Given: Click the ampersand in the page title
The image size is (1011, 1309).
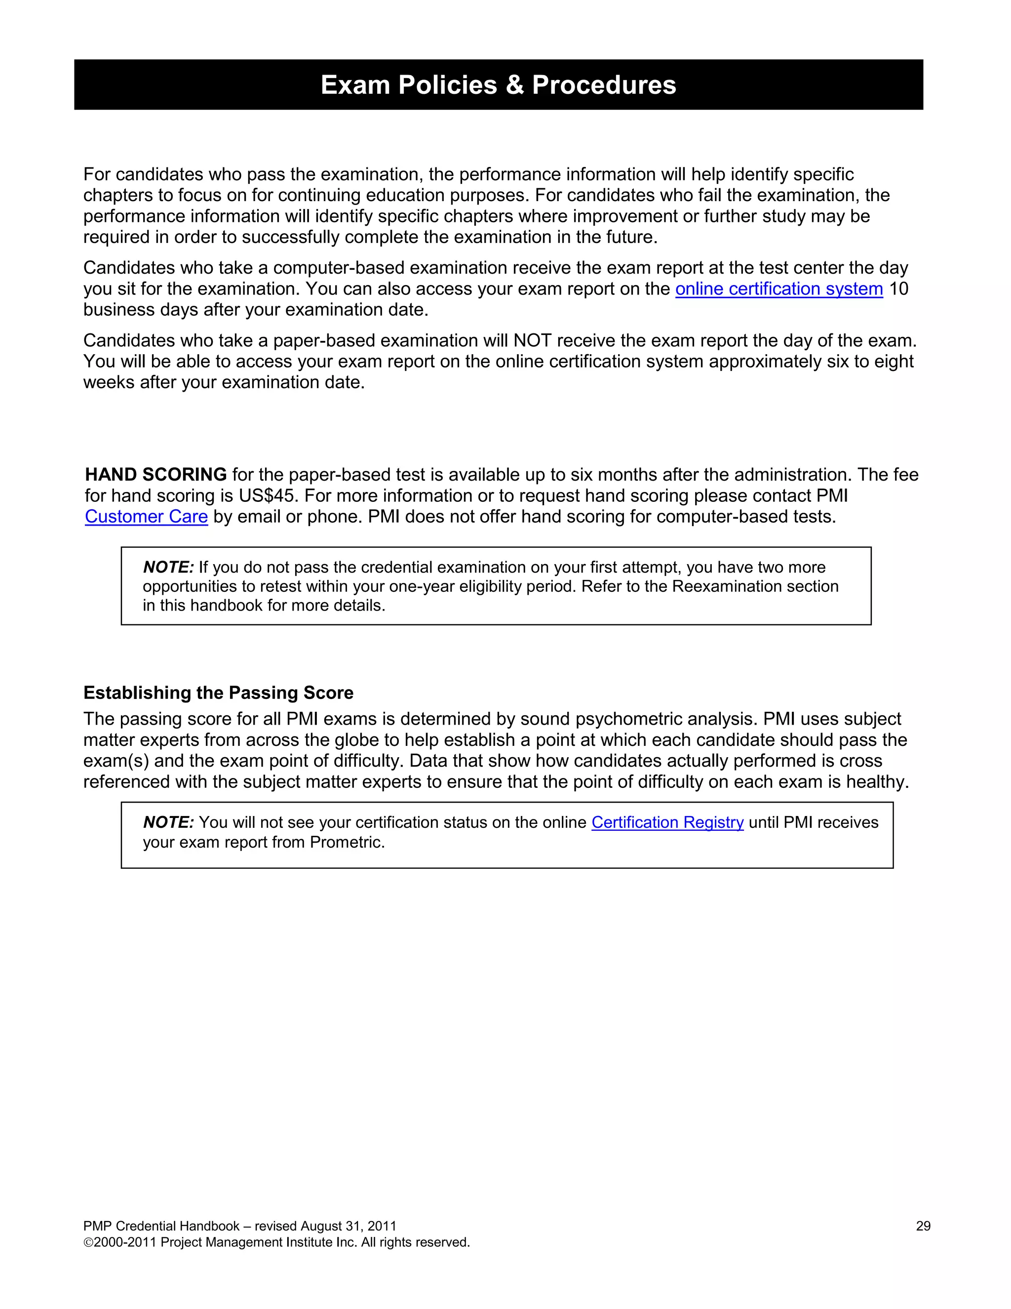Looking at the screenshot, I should (514, 85).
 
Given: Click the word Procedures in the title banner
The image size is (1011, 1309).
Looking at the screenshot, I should (604, 85).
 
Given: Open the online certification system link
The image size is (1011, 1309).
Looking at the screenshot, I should (778, 289).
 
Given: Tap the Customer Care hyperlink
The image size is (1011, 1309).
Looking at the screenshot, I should (146, 517).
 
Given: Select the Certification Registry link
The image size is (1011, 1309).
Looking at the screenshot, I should (667, 822).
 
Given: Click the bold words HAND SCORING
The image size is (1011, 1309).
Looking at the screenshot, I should (156, 475).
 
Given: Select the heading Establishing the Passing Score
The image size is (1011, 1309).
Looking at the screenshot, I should (218, 693).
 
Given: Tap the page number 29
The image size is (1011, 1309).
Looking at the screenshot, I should (923, 1227).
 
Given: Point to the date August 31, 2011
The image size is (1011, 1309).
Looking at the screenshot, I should (348, 1227).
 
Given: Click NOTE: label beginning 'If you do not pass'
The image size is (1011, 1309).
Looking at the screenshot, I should (168, 568).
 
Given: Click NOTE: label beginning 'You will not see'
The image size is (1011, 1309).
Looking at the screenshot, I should (168, 822).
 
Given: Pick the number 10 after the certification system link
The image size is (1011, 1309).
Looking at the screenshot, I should (898, 289).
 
